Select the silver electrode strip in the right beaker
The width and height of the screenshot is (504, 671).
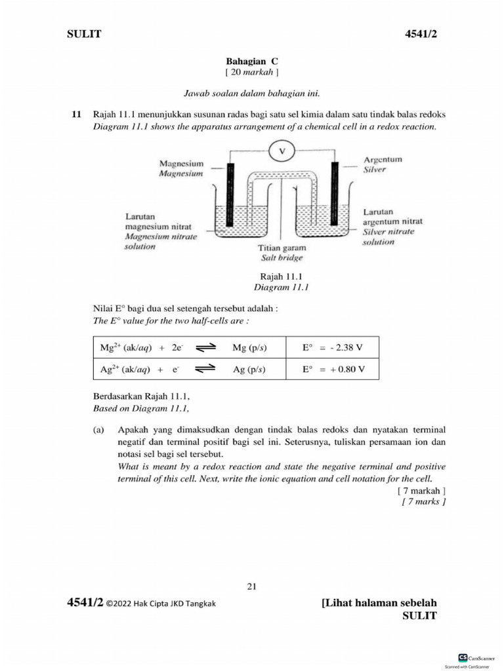coord(335,193)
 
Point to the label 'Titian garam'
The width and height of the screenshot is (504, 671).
coord(282,249)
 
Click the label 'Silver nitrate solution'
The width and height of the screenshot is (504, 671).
coord(388,237)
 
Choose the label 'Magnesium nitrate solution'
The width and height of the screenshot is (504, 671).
coord(161,241)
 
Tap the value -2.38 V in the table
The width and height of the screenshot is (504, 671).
coord(342,348)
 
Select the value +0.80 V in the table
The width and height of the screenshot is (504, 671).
coord(342,369)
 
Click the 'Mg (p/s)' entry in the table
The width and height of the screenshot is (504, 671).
coord(250,348)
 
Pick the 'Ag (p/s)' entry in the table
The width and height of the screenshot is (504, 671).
coord(249,369)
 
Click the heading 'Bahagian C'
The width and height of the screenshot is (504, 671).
coord(252,60)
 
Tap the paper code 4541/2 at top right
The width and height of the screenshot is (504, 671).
coord(421,34)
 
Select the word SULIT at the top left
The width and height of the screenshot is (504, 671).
coord(84,34)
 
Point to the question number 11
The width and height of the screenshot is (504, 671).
coord(76,114)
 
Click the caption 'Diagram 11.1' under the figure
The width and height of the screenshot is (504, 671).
coord(281,287)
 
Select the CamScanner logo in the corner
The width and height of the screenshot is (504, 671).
coord(463,657)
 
